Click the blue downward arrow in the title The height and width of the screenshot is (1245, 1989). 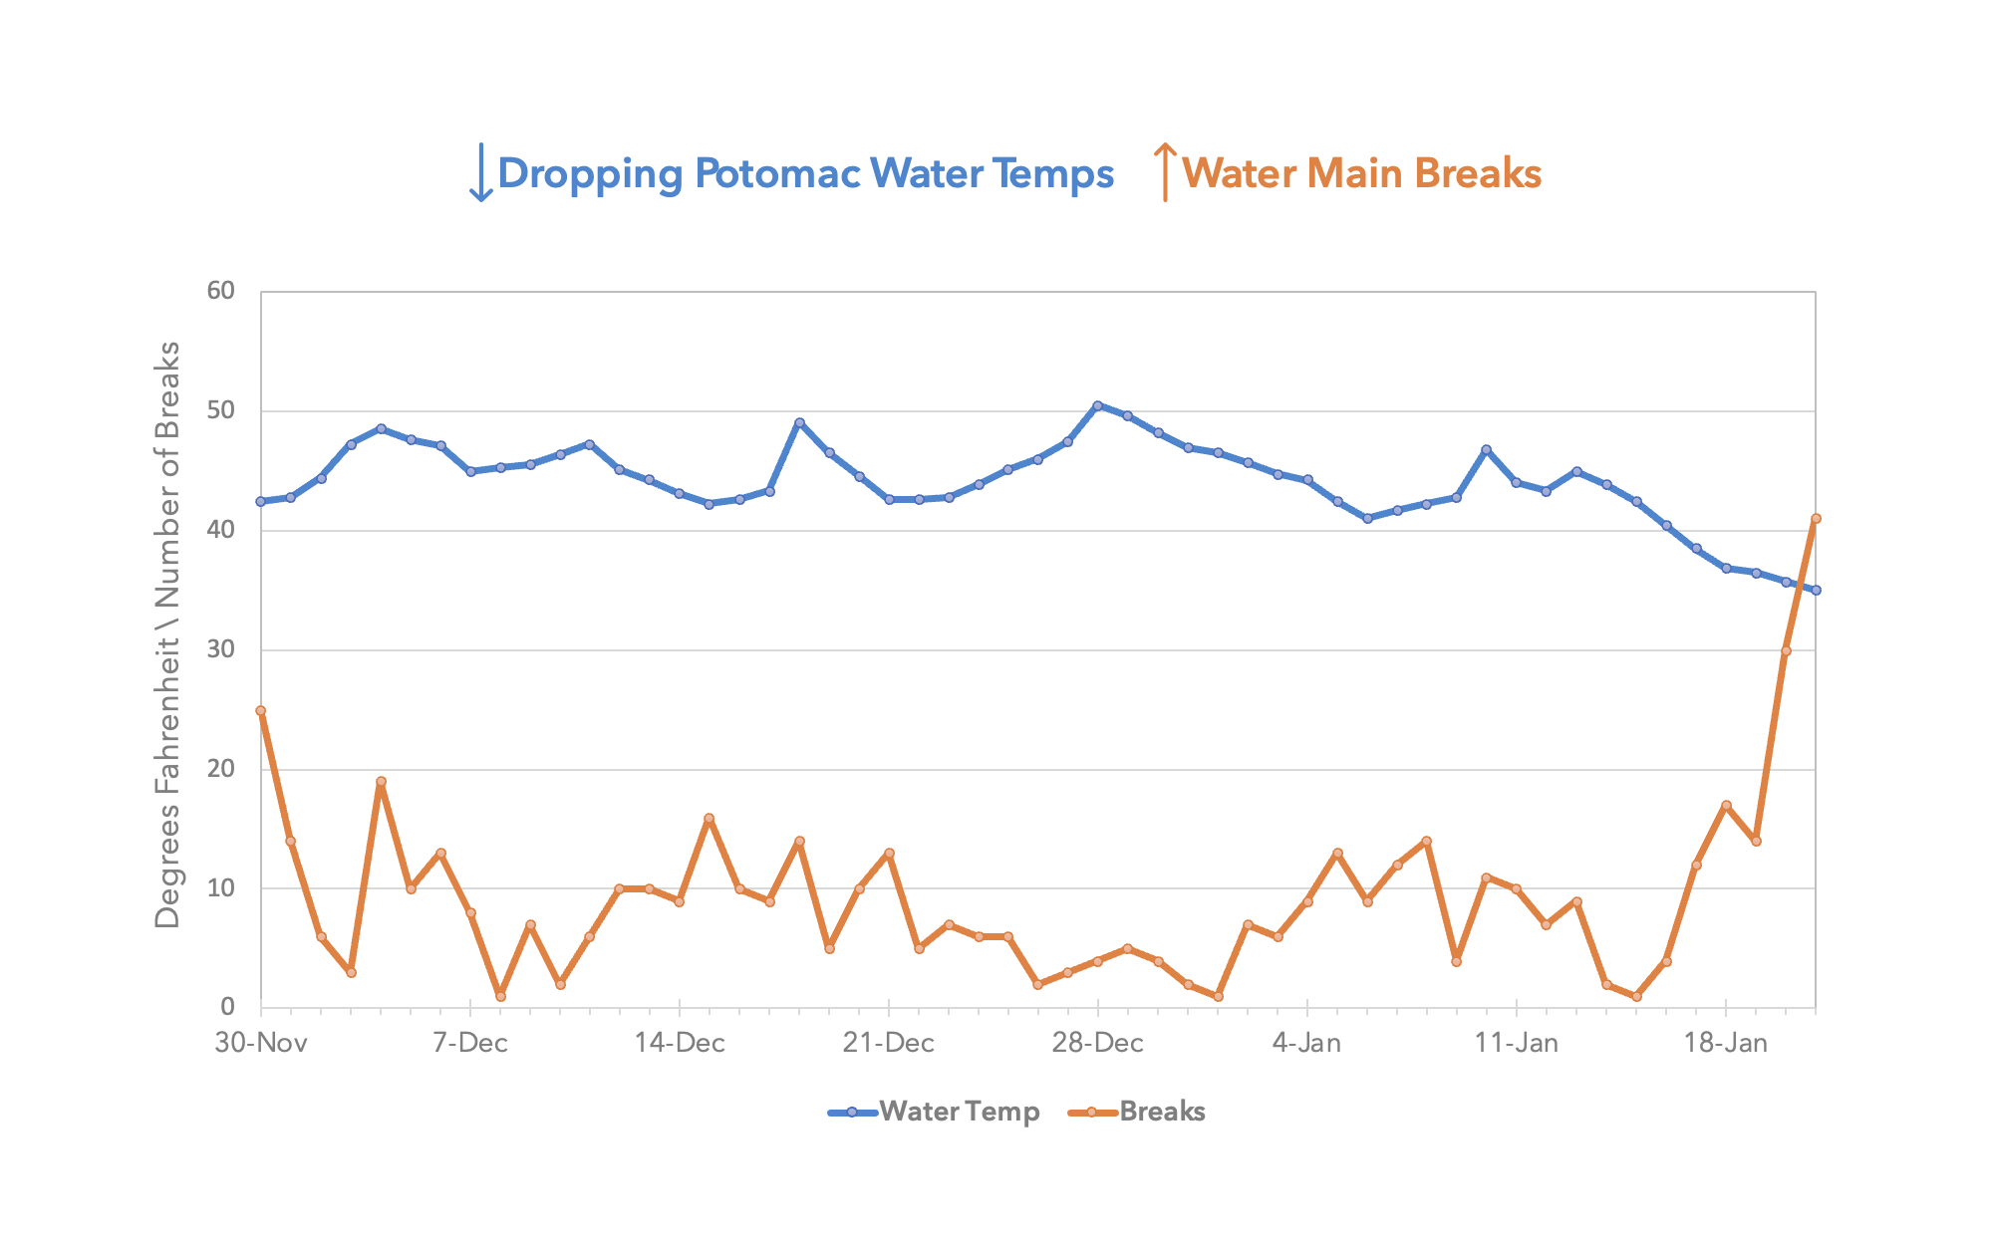click(x=481, y=172)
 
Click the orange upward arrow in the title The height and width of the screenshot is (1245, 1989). click(x=1164, y=171)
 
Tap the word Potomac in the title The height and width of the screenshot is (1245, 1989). click(x=775, y=173)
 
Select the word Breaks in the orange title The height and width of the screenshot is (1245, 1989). click(x=1478, y=173)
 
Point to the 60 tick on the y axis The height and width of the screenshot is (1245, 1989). click(x=221, y=291)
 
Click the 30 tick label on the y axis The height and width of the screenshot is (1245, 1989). click(x=221, y=649)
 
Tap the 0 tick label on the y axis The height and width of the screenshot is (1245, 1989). click(x=227, y=1007)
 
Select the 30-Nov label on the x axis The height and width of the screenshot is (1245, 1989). click(x=261, y=1043)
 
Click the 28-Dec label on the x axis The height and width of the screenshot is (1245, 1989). click(x=1097, y=1043)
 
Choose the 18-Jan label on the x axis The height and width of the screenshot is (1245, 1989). click(x=1725, y=1043)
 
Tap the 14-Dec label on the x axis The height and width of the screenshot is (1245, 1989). click(x=680, y=1043)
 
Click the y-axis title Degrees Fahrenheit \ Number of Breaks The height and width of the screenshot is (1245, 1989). click(x=167, y=634)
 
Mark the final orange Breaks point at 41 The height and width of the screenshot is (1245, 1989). click(x=1816, y=518)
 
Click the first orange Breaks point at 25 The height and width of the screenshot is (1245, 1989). click(x=261, y=710)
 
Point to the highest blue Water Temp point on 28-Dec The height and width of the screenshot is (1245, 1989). click(x=1097, y=405)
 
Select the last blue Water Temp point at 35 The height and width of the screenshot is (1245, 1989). click(x=1816, y=590)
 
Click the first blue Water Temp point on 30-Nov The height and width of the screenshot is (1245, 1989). click(x=261, y=501)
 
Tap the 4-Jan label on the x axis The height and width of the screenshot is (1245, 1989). click(x=1306, y=1043)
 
